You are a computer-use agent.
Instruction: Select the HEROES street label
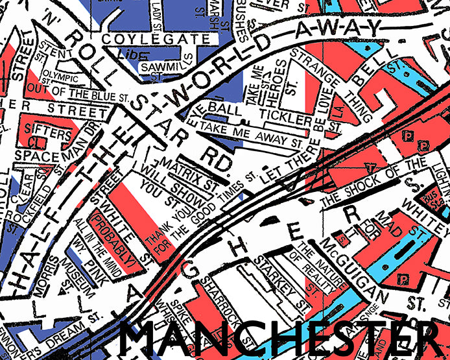tap(281, 81)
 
